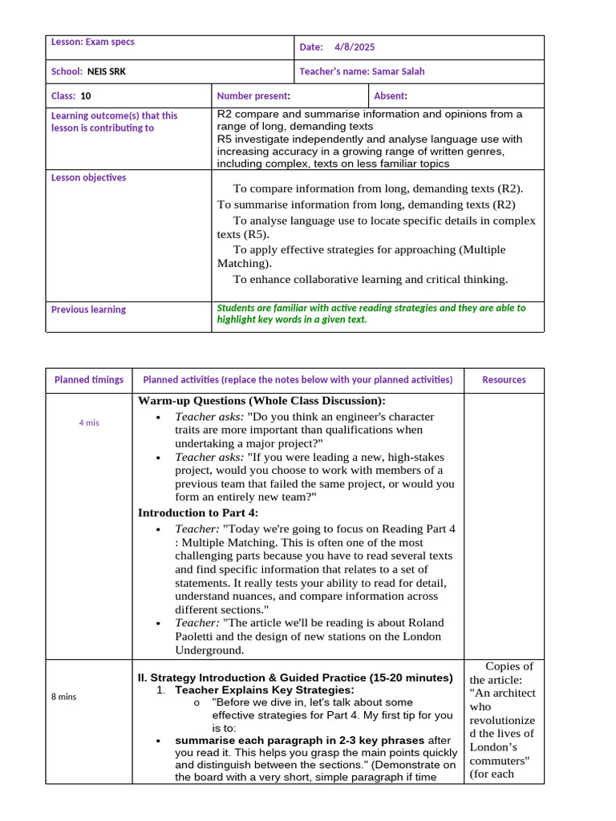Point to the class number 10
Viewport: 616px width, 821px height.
click(86, 96)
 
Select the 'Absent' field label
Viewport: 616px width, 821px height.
click(391, 96)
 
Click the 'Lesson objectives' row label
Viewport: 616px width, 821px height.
click(88, 178)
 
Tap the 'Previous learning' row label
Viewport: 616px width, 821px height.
click(88, 309)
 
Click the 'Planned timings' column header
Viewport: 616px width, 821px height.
click(89, 380)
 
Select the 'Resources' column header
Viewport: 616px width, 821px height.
click(504, 380)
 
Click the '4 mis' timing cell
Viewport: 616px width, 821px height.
click(89, 423)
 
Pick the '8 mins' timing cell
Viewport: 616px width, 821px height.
click(64, 697)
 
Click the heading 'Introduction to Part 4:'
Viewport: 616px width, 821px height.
click(198, 513)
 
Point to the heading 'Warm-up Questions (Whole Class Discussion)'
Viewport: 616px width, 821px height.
click(261, 401)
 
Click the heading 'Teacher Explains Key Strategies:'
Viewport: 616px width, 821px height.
click(264, 690)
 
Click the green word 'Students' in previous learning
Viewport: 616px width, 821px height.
click(237, 308)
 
